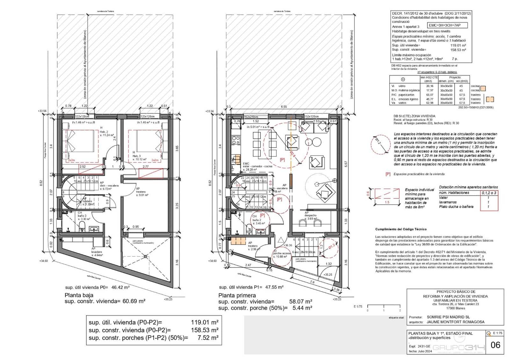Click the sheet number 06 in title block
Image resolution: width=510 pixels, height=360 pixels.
[495, 345]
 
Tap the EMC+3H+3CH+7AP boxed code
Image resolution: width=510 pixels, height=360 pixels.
[448, 25]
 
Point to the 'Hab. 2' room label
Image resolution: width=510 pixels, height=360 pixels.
[104, 132]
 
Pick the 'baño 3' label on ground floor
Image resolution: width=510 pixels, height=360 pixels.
[82, 216]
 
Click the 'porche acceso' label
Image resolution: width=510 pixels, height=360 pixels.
[282, 253]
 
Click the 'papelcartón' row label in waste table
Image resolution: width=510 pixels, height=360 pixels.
[405, 95]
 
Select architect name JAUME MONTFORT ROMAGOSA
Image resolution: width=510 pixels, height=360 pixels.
[455, 322]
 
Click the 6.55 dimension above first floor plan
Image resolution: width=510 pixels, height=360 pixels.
[284, 107]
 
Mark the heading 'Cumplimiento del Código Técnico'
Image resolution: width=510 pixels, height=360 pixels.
[401, 229]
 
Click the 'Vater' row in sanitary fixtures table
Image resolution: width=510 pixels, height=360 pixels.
[443, 198]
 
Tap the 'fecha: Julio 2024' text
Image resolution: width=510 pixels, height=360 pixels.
[420, 351]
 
